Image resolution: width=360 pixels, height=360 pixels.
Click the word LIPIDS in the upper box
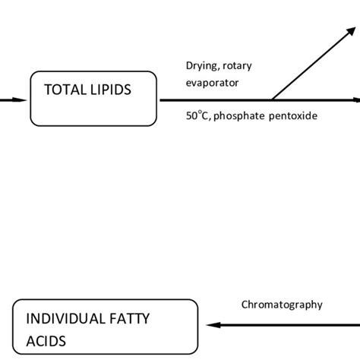click(109, 90)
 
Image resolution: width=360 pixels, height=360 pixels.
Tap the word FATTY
click(142, 317)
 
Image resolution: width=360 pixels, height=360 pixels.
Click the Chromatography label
click(281, 305)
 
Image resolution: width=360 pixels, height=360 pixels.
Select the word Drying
click(202, 66)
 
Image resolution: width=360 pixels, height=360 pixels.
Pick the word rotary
click(238, 66)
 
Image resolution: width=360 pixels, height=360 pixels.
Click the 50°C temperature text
click(197, 115)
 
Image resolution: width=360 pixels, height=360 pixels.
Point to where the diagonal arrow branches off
click(272, 99)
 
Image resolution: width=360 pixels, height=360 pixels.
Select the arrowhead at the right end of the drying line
click(356, 99)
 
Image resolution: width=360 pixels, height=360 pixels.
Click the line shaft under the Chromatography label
click(289, 324)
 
